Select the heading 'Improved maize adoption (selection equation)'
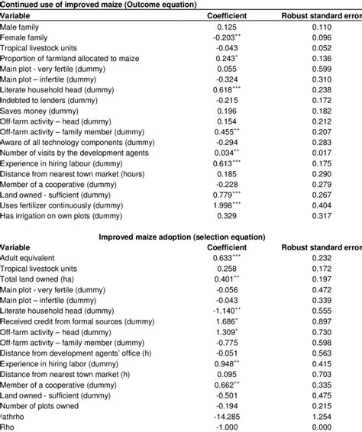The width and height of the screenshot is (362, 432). click(182, 237)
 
